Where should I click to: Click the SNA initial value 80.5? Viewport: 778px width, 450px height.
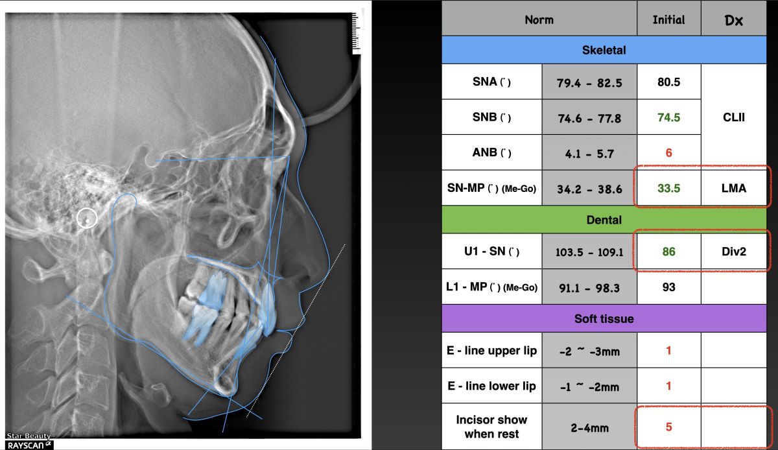click(668, 82)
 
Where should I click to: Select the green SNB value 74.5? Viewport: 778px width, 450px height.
click(668, 117)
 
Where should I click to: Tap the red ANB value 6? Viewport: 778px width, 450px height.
click(668, 153)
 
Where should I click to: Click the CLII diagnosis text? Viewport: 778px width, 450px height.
click(733, 117)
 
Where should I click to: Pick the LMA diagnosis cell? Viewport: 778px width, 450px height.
click(733, 188)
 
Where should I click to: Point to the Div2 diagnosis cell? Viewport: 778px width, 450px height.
click(733, 251)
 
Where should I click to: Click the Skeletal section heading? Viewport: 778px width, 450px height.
click(604, 50)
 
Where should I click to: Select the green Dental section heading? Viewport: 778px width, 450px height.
click(604, 220)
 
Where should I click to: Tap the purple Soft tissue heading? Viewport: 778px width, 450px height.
click(604, 318)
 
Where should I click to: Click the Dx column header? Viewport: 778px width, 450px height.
click(733, 21)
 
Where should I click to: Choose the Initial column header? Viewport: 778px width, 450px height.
click(668, 20)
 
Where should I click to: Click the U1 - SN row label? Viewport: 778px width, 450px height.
click(492, 251)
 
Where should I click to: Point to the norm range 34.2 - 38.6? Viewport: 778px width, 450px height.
click(589, 189)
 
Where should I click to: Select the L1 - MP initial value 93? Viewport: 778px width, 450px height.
click(668, 287)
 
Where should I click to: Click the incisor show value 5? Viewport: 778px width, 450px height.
click(668, 427)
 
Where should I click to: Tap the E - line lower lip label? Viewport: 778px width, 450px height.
click(492, 386)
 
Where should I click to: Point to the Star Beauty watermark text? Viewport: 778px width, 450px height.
click(29, 436)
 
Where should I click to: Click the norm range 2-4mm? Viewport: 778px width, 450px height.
click(589, 428)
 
